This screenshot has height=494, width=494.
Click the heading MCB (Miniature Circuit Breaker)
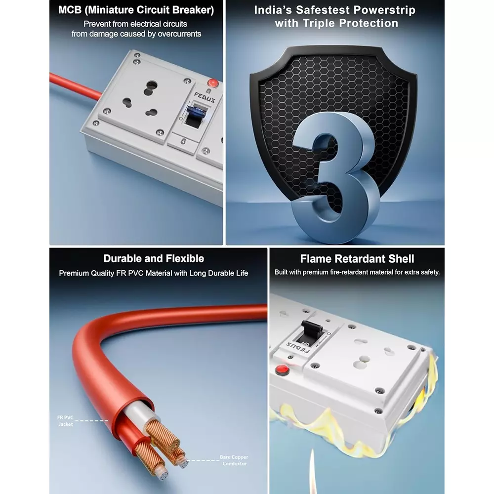136,10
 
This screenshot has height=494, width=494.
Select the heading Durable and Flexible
154,259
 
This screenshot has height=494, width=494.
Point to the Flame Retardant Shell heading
357,259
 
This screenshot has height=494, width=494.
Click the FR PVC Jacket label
65,421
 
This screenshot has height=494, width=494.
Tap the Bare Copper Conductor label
234,460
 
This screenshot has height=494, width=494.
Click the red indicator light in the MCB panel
213,83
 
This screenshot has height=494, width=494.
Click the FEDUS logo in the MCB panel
205,97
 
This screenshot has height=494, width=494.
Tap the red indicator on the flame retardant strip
282,370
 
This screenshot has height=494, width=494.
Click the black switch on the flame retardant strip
312,332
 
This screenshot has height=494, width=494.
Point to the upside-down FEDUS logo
298,347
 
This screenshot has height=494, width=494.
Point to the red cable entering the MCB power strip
76,85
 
